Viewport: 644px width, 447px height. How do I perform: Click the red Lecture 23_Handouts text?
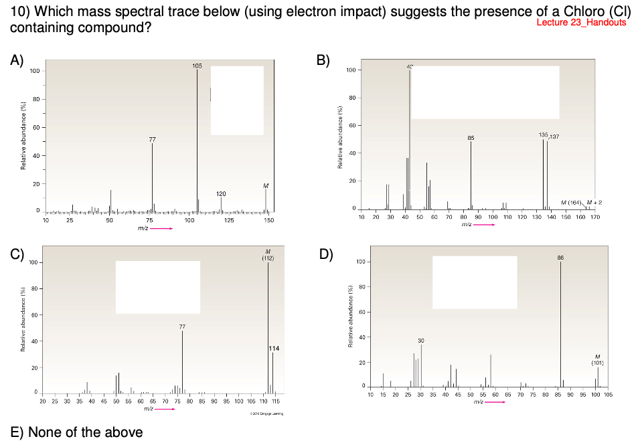point(581,23)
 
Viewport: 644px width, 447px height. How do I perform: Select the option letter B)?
point(323,60)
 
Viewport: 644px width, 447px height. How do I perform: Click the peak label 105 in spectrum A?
point(197,66)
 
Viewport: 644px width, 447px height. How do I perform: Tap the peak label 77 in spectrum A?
point(152,139)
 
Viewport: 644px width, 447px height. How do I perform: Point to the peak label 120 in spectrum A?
point(222,193)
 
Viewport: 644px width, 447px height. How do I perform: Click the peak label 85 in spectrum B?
point(471,138)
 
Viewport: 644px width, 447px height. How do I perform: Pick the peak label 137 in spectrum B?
point(554,137)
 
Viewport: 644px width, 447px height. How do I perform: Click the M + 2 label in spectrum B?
point(594,202)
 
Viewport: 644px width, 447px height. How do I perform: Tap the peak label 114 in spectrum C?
point(274,348)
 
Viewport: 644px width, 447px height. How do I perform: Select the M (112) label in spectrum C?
point(268,254)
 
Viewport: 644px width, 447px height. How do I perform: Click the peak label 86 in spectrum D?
point(560,257)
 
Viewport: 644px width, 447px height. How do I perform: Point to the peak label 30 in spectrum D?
point(421,340)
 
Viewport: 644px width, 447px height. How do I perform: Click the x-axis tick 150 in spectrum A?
point(269,219)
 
